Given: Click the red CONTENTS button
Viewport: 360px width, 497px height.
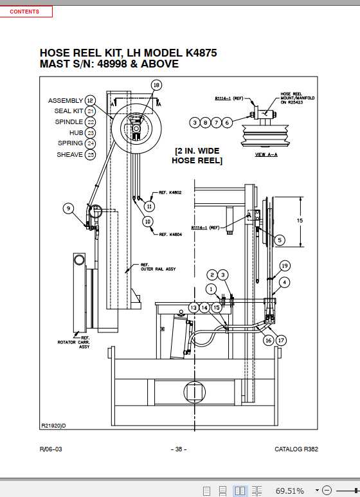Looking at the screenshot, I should pyautogui.click(x=24, y=12).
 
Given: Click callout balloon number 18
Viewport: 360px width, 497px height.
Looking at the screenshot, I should pyautogui.click(x=156, y=86).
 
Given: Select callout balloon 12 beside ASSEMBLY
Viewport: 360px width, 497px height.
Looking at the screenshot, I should pyautogui.click(x=90, y=100).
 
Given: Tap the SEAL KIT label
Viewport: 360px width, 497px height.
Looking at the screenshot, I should pyautogui.click(x=69, y=111).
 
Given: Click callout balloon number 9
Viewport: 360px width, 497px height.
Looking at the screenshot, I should pyautogui.click(x=69, y=208).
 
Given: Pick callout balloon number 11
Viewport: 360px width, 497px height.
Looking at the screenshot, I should pyautogui.click(x=149, y=206).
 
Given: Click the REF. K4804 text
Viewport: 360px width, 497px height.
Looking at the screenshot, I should pyautogui.click(x=170, y=235).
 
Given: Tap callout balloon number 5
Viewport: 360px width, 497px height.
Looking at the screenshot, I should pyautogui.click(x=279, y=239).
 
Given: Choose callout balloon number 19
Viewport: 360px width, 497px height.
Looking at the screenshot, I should pyautogui.click(x=285, y=265).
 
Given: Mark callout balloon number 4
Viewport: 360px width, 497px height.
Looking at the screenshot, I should pyautogui.click(x=285, y=282).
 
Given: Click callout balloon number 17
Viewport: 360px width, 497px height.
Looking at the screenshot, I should pyautogui.click(x=281, y=340).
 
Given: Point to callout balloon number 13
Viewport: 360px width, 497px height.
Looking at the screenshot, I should pyautogui.click(x=193, y=308).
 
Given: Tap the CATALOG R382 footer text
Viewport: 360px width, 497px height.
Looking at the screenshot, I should pyautogui.click(x=296, y=449).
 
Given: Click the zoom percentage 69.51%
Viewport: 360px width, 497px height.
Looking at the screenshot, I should pyautogui.click(x=289, y=491).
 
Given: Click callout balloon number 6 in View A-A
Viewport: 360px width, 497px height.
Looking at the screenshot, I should pyautogui.click(x=227, y=122).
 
